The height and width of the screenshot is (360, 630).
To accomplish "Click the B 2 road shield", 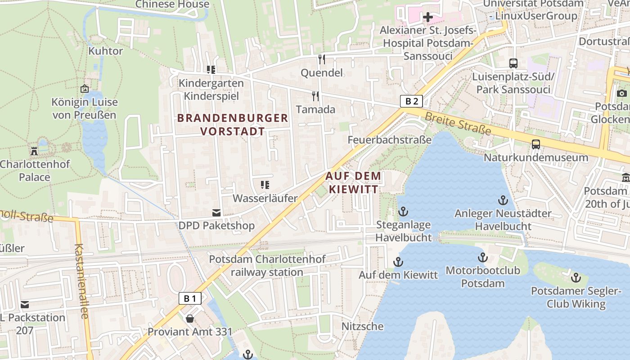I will (411, 101).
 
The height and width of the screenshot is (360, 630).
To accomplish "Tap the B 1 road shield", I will (190, 298).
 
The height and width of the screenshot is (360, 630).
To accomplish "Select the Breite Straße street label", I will (458, 122).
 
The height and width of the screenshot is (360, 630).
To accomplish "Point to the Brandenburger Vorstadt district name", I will (233, 125).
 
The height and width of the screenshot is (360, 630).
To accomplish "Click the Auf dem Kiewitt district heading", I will (353, 182).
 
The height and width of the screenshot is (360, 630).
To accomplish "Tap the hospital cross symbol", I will (427, 18).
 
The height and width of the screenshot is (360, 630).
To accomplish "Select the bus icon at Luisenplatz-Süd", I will (513, 63).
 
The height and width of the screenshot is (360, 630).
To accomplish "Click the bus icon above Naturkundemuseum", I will (535, 144).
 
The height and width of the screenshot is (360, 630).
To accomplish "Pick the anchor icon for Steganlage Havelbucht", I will (403, 211).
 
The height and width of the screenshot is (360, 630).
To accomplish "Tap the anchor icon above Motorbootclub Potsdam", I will (482, 257).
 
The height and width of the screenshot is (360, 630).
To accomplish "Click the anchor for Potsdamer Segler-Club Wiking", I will (576, 278).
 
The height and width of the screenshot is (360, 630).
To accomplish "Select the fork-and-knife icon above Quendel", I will (321, 59).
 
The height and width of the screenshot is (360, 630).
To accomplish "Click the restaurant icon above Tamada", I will (315, 96).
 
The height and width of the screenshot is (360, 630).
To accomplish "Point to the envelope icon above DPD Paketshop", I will (216, 212).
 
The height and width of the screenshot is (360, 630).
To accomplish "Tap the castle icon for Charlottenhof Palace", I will (34, 151).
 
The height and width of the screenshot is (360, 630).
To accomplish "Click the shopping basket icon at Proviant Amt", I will (190, 319).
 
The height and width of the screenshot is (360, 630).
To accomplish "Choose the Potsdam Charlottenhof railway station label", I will (267, 265).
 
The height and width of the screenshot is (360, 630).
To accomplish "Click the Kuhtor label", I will (105, 51).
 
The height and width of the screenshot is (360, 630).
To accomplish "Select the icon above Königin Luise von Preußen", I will (84, 89).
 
